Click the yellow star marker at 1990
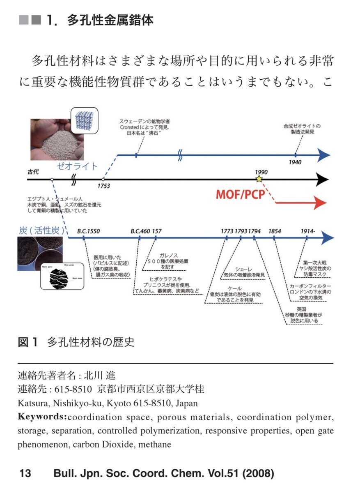[259, 179]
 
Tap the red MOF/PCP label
[240, 194]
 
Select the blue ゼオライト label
[77, 166]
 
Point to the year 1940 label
[295, 162]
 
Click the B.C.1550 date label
[88, 231]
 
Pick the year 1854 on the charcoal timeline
[275, 231]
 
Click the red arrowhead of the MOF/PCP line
[320, 203]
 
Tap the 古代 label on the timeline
[33, 171]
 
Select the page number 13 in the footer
[25, 473]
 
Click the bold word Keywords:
[42, 417]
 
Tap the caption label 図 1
[28, 342]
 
